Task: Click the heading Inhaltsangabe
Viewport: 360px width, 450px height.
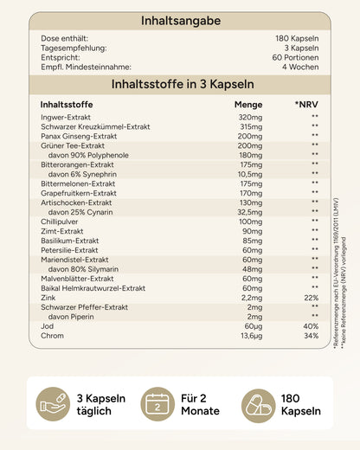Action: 180,21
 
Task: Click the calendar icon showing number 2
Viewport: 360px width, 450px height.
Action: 160,404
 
